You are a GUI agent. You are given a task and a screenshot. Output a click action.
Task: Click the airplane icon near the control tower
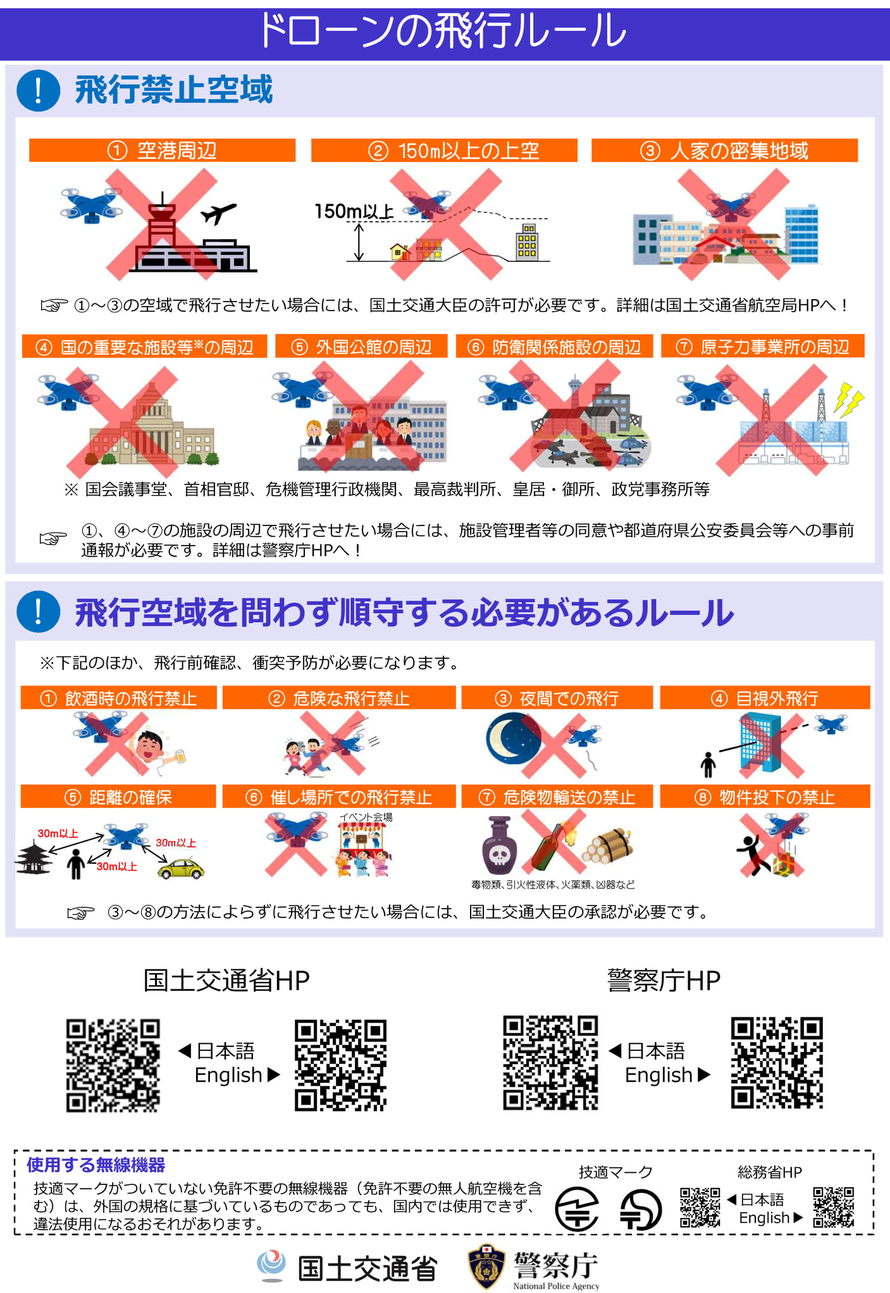218,214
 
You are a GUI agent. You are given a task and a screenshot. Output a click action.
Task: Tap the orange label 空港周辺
162,150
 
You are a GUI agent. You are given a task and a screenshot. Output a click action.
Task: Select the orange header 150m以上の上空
444,150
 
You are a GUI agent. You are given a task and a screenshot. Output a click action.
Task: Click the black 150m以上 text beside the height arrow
354,211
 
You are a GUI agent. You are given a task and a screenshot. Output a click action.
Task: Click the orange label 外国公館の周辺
361,346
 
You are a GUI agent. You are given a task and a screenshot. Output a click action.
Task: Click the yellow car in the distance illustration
181,869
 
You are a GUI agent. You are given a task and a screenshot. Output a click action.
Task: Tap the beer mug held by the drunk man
178,756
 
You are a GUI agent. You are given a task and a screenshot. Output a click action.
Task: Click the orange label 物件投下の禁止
765,797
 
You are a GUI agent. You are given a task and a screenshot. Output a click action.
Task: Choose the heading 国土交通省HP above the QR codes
226,980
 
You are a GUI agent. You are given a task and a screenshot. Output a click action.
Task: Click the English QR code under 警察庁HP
777,1063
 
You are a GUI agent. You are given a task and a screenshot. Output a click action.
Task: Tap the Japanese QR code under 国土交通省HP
113,1065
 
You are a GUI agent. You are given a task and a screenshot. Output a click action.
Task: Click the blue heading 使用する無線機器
96,1165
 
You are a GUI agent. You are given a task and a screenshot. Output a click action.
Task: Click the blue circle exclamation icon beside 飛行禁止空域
38,90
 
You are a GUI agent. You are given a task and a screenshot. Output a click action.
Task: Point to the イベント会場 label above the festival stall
366,817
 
